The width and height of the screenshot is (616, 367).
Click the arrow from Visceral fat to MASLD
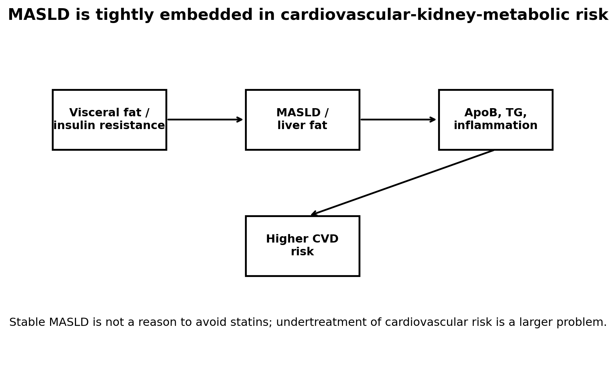tap(205, 119)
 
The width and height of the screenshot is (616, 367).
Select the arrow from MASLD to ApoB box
tap(398, 119)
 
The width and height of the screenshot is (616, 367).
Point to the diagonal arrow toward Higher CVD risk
tap(403, 183)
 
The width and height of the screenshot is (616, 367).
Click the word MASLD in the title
tap(39, 15)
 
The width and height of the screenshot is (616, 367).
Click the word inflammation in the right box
tap(496, 126)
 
